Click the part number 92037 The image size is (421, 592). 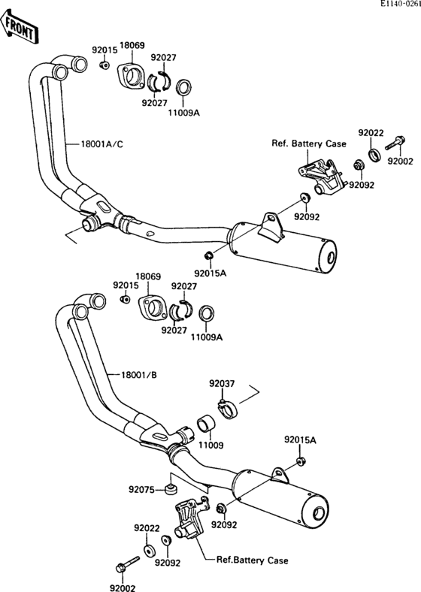[x=221, y=385]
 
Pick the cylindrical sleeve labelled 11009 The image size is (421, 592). [x=206, y=424]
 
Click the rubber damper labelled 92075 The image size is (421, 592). [x=171, y=491]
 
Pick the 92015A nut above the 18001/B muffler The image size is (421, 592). [x=300, y=460]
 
